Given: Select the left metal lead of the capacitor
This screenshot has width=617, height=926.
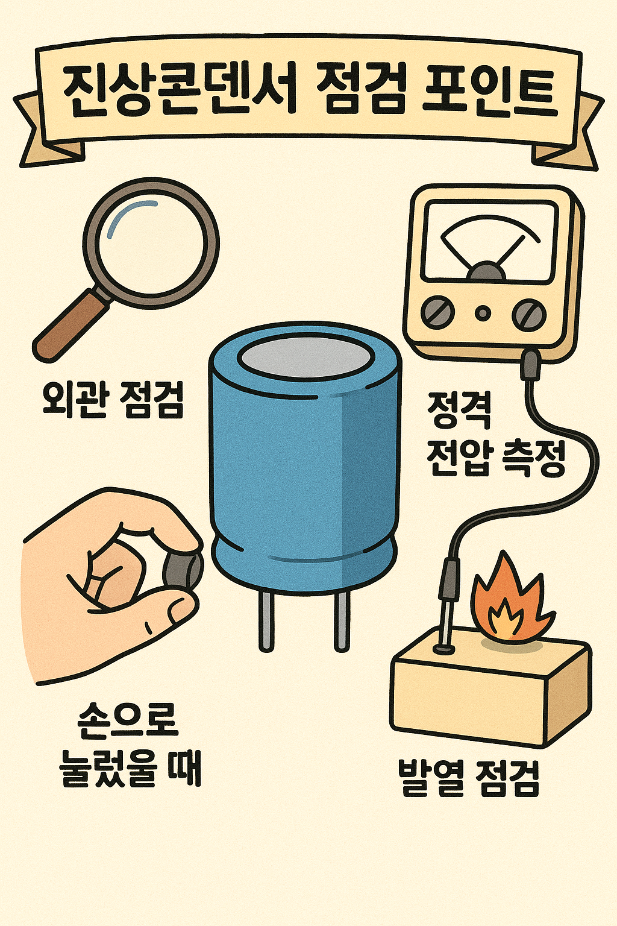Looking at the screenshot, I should coord(266,621).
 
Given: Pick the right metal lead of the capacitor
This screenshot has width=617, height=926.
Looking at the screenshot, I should coord(342,621).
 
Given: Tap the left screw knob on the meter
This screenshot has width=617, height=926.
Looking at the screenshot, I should coord(438,313).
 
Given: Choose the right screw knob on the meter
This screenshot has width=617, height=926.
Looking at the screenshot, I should coord(528,313).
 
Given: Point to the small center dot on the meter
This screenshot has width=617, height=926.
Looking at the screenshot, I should coord(483,313).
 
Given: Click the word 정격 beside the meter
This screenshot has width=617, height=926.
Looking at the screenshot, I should coord(459,411).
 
